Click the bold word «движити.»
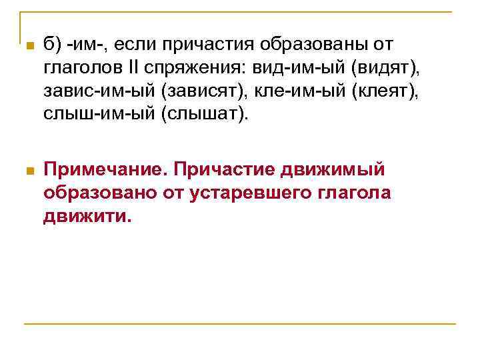[x=88, y=216]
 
